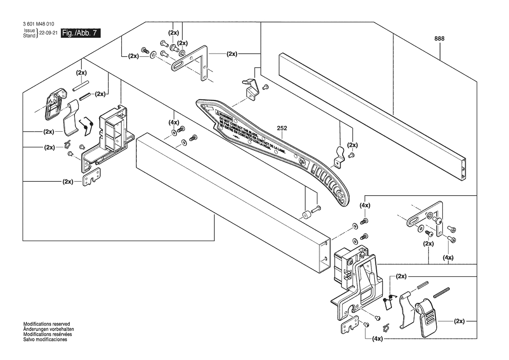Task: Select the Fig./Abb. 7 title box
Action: (81, 33)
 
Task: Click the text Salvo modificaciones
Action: (45, 340)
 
